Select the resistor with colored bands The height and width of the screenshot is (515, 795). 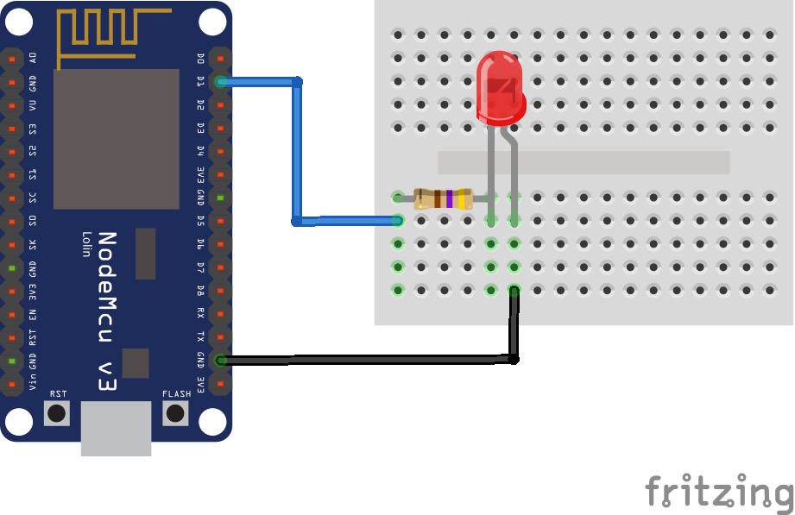coord(443,198)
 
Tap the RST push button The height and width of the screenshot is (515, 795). coord(57,412)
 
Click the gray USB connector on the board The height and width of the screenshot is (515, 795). coord(116,428)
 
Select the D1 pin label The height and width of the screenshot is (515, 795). coord(200,81)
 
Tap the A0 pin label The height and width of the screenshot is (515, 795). coord(33,58)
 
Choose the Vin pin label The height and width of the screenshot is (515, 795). coord(33,381)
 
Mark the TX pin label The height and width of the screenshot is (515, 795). coord(200,336)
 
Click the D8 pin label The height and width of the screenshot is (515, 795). coord(200,291)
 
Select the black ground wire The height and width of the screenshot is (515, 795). coord(363,358)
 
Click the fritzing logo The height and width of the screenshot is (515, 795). coord(718,492)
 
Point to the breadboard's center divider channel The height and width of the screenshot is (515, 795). coord(584,162)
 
